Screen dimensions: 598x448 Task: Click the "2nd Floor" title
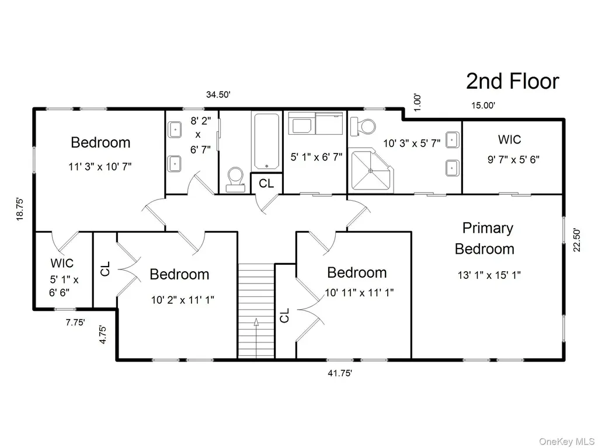coord(513,81)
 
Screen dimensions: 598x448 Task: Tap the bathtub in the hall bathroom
coord(266,141)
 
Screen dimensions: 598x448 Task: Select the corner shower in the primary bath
coord(371,170)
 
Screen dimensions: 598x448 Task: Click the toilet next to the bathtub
coord(235,180)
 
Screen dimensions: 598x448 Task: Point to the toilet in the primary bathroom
coord(363,126)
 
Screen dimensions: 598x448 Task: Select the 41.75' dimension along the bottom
coord(340,373)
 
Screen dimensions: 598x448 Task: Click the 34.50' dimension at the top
coord(218,94)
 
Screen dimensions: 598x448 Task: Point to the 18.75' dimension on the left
coord(20,209)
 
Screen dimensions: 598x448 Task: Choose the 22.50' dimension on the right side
coord(576,240)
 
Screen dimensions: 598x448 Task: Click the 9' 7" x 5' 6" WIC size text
coord(513,160)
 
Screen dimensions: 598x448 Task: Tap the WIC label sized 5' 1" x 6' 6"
coord(62,263)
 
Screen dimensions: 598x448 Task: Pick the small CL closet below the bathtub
coord(266,184)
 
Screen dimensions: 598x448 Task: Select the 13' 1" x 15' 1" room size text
coord(489,275)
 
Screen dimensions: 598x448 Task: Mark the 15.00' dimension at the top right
coord(483,106)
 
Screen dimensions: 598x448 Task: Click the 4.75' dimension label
coord(103,334)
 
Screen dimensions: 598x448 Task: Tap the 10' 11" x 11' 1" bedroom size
coord(359,293)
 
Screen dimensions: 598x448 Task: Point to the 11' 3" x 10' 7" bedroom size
coord(100,166)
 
